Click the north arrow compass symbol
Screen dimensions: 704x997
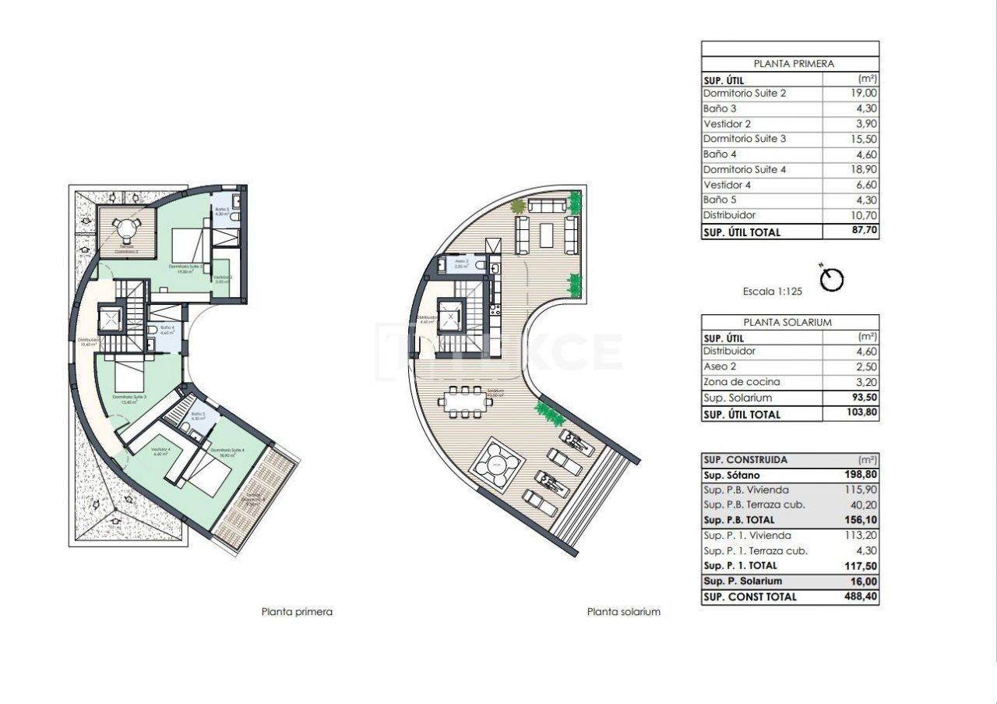click(x=833, y=279)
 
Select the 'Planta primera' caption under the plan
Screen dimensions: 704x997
click(x=297, y=612)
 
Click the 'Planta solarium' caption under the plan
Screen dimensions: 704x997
click(x=623, y=612)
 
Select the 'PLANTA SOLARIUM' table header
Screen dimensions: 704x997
click(x=789, y=322)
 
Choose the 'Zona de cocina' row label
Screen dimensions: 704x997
click(x=742, y=382)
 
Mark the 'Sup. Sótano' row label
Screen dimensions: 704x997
click(x=731, y=475)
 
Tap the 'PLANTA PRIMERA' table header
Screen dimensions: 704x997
click(x=789, y=64)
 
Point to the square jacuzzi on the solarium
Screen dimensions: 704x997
click(x=496, y=466)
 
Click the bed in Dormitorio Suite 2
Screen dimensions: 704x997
click(x=187, y=242)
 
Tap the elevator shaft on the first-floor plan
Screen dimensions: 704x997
click(x=109, y=320)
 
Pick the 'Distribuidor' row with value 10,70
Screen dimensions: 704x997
click(x=729, y=215)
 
